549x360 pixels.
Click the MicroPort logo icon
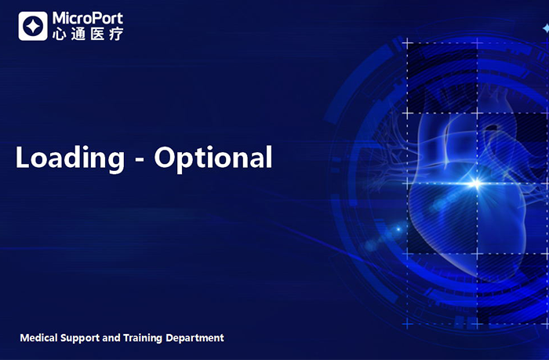[33, 26]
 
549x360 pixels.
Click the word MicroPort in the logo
[88, 18]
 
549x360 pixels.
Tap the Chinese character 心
[59, 34]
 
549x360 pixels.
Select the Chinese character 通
[78, 34]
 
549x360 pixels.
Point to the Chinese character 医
[97, 34]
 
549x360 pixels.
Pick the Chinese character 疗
[116, 34]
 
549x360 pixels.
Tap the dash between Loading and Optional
[140, 161]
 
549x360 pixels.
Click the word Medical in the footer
[39, 338]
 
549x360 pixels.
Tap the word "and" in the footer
[111, 338]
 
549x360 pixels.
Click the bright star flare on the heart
[476, 184]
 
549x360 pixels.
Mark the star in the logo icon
[33, 26]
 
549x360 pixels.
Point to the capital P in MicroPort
[97, 18]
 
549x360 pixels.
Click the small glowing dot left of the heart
[398, 229]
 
